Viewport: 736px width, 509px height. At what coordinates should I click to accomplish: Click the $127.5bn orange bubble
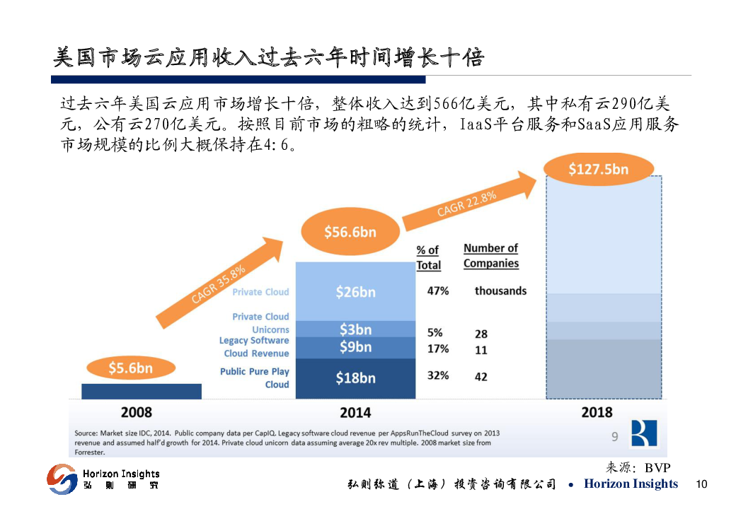(599, 170)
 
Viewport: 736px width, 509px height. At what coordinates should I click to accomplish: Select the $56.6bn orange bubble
(350, 232)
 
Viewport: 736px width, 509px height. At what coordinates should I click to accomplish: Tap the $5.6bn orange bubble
(130, 368)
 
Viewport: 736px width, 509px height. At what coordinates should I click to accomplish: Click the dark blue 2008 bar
(142, 391)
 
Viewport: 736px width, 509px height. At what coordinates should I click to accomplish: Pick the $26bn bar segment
(355, 291)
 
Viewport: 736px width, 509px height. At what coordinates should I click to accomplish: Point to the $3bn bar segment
(355, 329)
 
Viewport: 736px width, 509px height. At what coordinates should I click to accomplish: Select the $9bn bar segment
(355, 347)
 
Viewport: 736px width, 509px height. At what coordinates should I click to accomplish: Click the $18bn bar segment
(355, 378)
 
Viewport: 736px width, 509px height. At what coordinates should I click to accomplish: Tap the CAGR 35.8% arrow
(219, 283)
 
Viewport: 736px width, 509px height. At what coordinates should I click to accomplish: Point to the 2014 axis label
(355, 412)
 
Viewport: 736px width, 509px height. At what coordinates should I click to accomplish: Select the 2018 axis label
(597, 412)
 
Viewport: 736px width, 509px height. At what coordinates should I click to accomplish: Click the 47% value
(438, 291)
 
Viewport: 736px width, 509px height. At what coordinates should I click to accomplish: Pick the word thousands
(500, 291)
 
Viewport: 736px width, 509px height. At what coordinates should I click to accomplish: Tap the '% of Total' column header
(428, 257)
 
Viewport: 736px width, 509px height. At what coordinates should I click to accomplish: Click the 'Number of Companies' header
(491, 256)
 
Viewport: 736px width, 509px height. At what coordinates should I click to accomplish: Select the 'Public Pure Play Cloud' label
(255, 378)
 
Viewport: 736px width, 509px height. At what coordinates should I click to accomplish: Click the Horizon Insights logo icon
(62, 479)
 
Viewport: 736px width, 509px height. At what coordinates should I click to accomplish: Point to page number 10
(701, 484)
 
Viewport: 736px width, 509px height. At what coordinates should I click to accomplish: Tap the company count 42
(481, 377)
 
